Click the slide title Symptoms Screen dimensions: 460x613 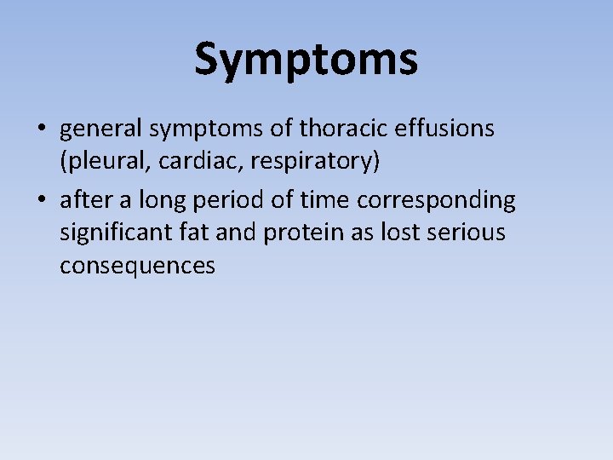point(306,60)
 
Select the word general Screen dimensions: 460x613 point(100,129)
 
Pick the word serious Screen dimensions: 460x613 point(467,233)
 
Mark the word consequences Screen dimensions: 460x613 point(137,267)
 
